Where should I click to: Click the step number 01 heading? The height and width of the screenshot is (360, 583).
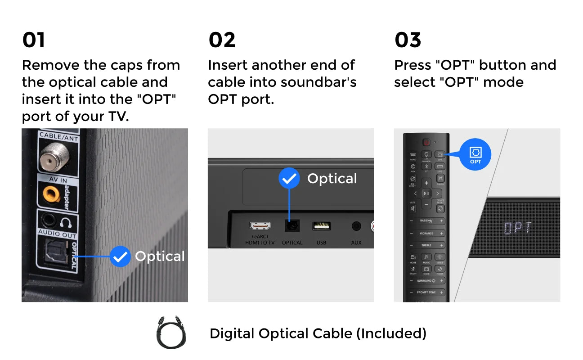pos(34,40)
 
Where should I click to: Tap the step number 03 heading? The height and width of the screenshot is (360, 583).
pos(408,40)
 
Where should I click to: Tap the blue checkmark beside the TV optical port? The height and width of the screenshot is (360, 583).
pos(120,256)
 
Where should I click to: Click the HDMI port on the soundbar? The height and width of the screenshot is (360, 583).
pos(260,226)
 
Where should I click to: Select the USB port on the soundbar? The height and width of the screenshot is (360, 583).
pos(321,226)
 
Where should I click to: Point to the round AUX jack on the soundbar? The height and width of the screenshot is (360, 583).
pos(356,226)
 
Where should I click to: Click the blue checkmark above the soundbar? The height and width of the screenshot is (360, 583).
pos(289,179)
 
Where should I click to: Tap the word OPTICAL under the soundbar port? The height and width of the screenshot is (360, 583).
pos(292,243)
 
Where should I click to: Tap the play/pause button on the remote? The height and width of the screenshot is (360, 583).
pos(426,193)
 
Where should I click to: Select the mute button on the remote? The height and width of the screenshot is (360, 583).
pos(413,208)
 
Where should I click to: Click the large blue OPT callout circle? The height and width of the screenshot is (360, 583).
pos(475,154)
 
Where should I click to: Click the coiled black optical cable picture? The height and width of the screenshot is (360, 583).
pos(171,334)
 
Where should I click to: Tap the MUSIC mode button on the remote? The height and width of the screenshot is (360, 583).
pos(426,257)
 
